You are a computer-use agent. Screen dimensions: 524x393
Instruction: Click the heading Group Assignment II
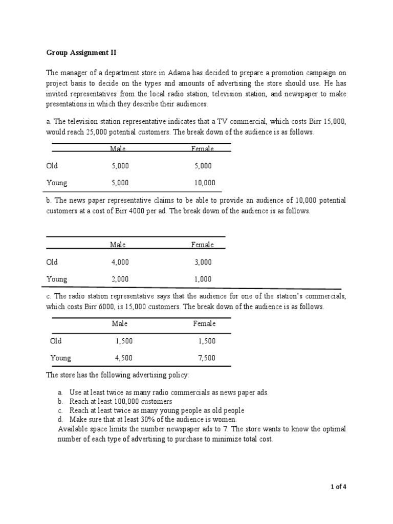[x=78, y=52]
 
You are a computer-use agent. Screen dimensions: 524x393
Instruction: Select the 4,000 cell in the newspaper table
[x=120, y=262]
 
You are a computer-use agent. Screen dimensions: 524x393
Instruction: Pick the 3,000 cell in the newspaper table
[x=202, y=262]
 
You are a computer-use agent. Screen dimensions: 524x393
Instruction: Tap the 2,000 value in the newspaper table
[x=120, y=279]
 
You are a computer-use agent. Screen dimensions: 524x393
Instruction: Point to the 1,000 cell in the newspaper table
[x=202, y=279]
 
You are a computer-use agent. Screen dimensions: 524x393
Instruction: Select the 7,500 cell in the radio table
[x=206, y=358]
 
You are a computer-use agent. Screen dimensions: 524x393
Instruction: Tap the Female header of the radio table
[x=204, y=323]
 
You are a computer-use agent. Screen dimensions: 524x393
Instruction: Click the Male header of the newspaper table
[x=118, y=245]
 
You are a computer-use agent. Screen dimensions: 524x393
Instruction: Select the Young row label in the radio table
[x=61, y=358]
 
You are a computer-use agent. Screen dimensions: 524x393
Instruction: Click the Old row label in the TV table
[x=52, y=166]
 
